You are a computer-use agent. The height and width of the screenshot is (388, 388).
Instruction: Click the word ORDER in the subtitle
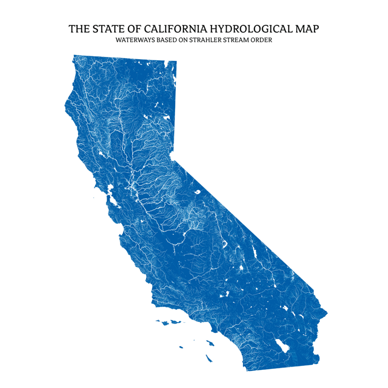262,40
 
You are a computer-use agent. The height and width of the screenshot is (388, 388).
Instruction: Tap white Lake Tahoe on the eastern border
173,156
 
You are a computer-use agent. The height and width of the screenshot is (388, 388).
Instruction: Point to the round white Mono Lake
197,192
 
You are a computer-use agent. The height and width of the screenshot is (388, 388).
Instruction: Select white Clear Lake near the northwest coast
102,154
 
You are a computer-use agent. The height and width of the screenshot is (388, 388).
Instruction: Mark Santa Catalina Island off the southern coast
210,343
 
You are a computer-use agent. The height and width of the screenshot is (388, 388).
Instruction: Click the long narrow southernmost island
208,358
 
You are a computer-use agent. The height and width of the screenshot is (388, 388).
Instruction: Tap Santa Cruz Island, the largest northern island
175,322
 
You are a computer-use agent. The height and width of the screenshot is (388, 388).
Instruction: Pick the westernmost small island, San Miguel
158,321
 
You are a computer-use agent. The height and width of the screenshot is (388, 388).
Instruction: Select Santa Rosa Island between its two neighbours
165,323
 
